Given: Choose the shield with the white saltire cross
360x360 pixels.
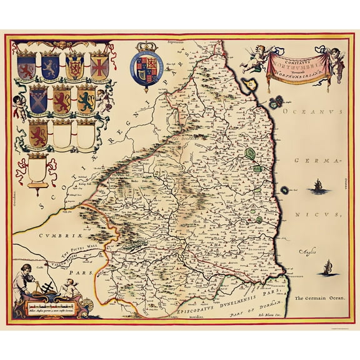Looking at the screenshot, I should coord(38,99).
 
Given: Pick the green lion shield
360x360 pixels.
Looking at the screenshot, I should coord(86,100).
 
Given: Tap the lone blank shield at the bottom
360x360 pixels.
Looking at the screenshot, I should coord(38,169).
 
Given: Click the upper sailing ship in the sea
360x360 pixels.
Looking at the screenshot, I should coord(319,186).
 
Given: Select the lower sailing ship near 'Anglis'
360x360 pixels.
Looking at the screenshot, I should coord(324,269).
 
